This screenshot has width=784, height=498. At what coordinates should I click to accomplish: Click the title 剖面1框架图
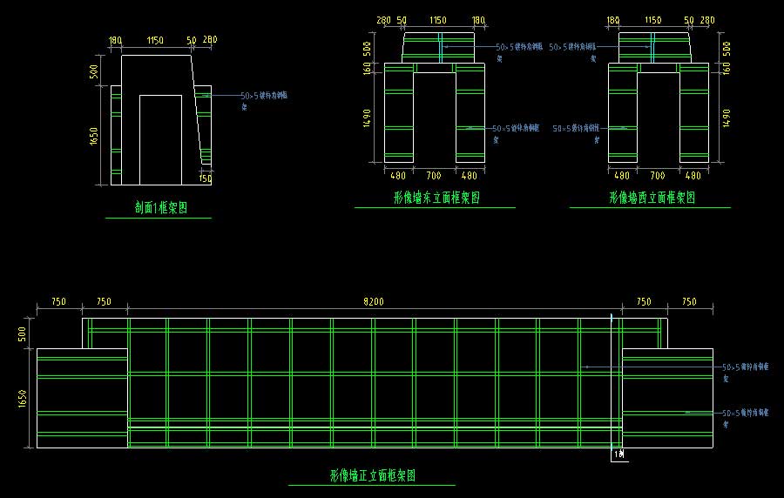click(161, 208)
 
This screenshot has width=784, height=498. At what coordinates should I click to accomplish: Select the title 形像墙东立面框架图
click(436, 199)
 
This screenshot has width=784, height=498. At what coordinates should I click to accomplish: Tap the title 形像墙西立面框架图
click(652, 199)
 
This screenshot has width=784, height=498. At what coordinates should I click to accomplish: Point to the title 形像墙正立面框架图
click(372, 476)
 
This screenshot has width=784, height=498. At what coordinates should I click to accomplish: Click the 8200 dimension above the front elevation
click(374, 302)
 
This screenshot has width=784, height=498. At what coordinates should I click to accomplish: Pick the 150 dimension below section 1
click(206, 178)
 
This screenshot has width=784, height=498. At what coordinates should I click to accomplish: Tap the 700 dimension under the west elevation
click(658, 176)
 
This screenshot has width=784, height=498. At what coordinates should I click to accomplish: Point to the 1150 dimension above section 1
click(155, 40)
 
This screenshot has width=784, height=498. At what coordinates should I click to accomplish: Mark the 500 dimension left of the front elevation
click(23, 333)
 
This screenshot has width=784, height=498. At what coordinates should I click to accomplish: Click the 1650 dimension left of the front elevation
click(23, 399)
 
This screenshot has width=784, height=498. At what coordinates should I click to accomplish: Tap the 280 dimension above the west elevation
click(707, 20)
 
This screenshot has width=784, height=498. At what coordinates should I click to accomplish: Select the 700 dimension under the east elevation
click(435, 176)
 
